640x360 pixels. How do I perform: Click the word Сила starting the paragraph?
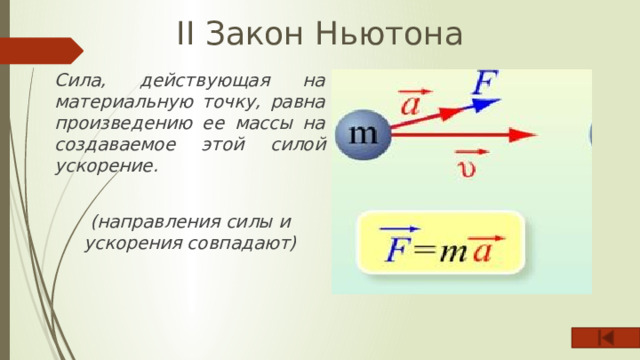[x=76, y=79]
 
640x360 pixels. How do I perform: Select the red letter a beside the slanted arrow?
[x=411, y=104]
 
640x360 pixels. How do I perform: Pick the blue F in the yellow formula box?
[x=398, y=246]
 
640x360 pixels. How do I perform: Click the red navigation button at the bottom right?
[x=604, y=340]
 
